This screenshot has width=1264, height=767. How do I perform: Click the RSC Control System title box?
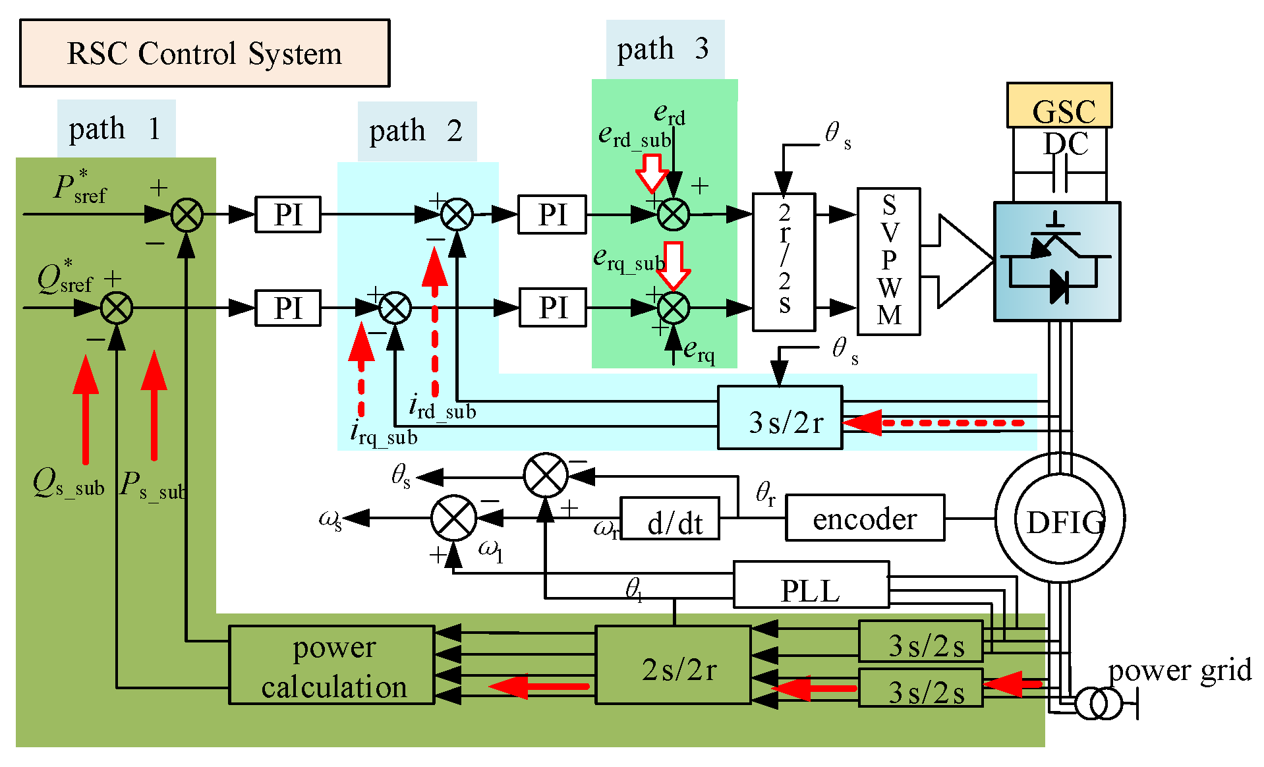[x=204, y=53]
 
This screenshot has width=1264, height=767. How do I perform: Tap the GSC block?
[x=1059, y=106]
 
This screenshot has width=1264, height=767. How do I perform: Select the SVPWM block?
[x=888, y=262]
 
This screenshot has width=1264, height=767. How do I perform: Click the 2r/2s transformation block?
[x=784, y=262]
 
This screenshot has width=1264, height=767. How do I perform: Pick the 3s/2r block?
[x=780, y=418]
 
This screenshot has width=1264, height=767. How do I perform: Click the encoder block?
[x=865, y=519]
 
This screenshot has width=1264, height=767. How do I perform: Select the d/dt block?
[x=670, y=519]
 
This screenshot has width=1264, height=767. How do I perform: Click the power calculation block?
[x=331, y=665]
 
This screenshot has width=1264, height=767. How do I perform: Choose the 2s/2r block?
[x=673, y=665]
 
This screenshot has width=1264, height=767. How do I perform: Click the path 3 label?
[x=664, y=49]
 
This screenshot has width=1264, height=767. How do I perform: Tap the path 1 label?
[x=116, y=128]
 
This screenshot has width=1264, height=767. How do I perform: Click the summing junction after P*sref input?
[x=187, y=215]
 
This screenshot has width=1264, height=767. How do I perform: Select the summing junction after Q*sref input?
[x=117, y=308]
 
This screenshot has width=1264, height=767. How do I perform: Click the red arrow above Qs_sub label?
[x=86, y=409]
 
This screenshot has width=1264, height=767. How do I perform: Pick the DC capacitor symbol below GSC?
[x=1059, y=173]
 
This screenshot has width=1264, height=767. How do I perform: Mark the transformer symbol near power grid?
[x=1098, y=704]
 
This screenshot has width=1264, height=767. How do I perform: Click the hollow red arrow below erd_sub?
[x=652, y=173]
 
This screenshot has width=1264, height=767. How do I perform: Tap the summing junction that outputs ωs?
[x=453, y=518]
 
